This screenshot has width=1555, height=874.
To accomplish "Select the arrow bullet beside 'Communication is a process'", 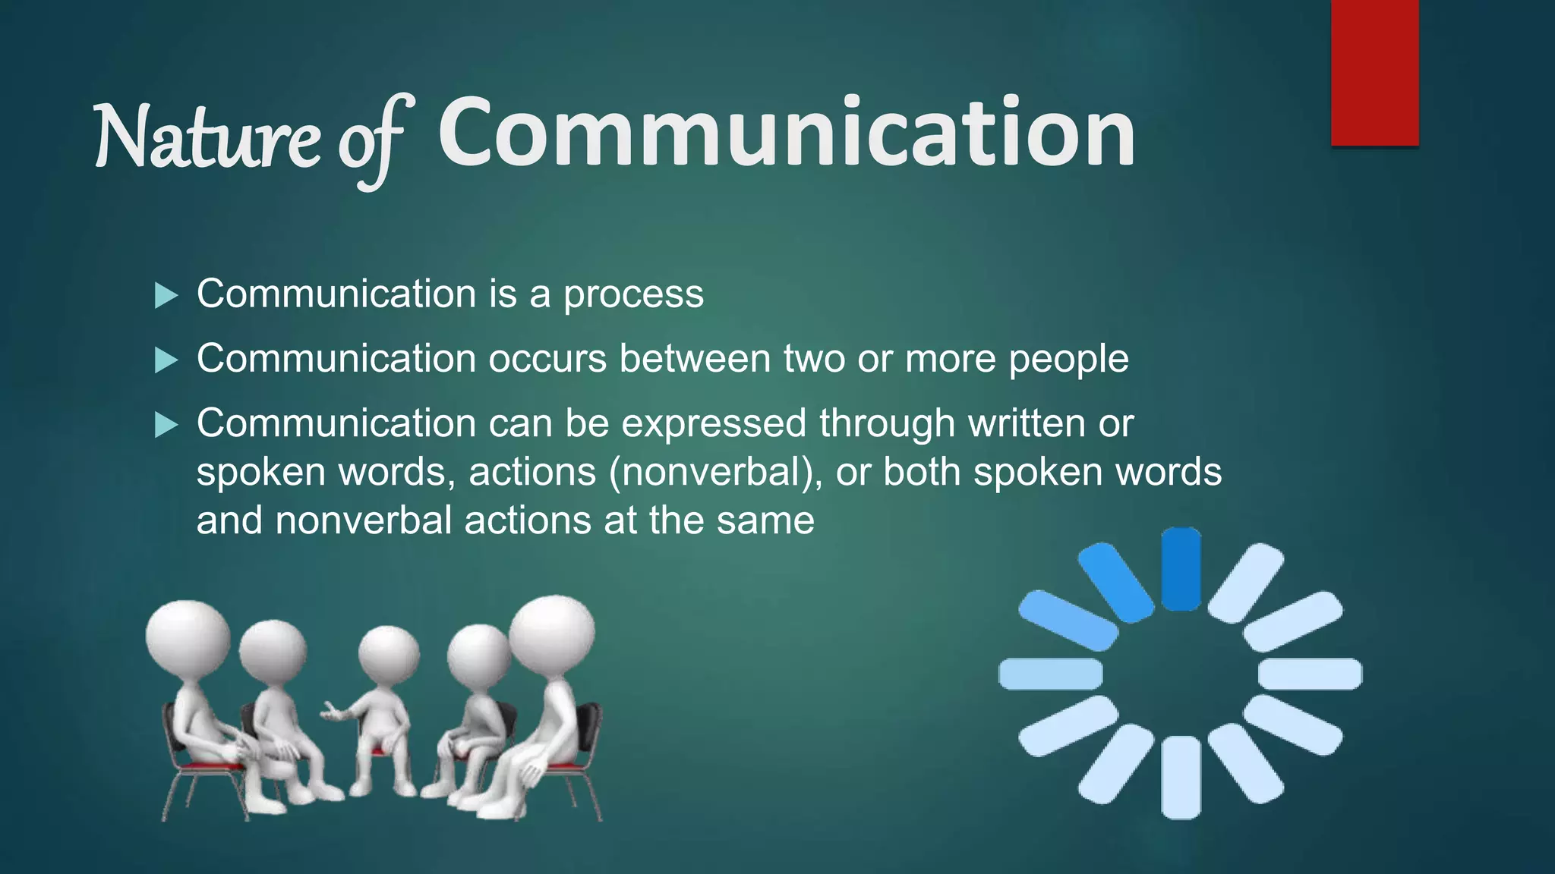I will tap(166, 295).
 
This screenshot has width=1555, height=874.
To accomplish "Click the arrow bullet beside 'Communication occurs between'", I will tap(166, 360).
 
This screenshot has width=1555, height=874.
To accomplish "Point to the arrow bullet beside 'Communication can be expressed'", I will tap(166, 424).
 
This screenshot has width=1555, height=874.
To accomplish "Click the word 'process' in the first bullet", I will tap(633, 295).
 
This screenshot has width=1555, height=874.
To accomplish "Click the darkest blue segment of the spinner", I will tap(1181, 569).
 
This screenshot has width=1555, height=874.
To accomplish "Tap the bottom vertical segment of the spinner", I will tap(1181, 778).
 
